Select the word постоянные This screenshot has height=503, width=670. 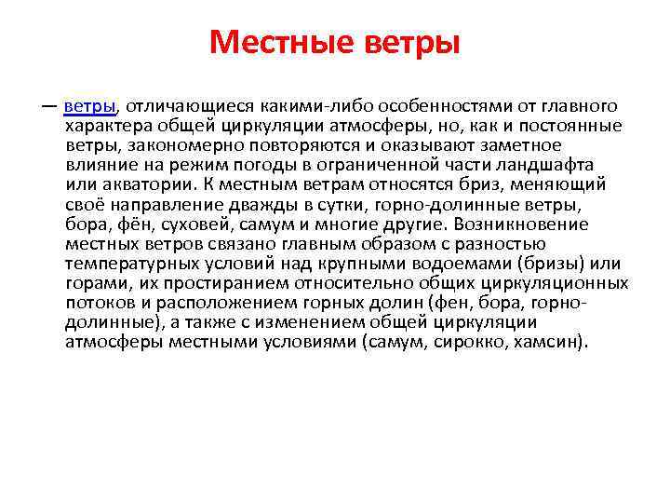click(573, 126)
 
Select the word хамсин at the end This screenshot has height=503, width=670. click(549, 341)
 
